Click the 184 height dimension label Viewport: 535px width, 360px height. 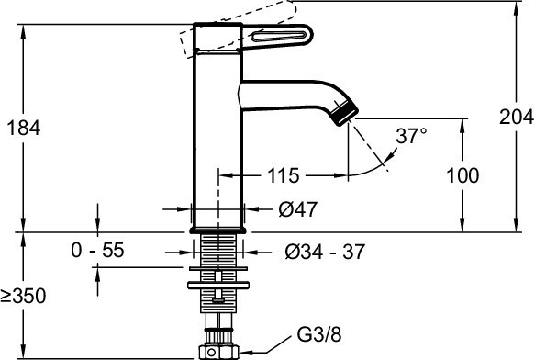24,128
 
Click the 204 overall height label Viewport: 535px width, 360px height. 517,118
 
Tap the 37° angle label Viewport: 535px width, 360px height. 411,136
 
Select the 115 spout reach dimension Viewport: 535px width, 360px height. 284,176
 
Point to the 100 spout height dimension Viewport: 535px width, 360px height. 463,175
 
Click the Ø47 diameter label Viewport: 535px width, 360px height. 298,209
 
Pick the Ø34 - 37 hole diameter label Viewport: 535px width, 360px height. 325,252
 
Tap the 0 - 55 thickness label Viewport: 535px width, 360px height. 97,251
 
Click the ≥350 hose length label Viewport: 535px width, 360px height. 23,296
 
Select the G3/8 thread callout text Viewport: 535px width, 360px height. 319,334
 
